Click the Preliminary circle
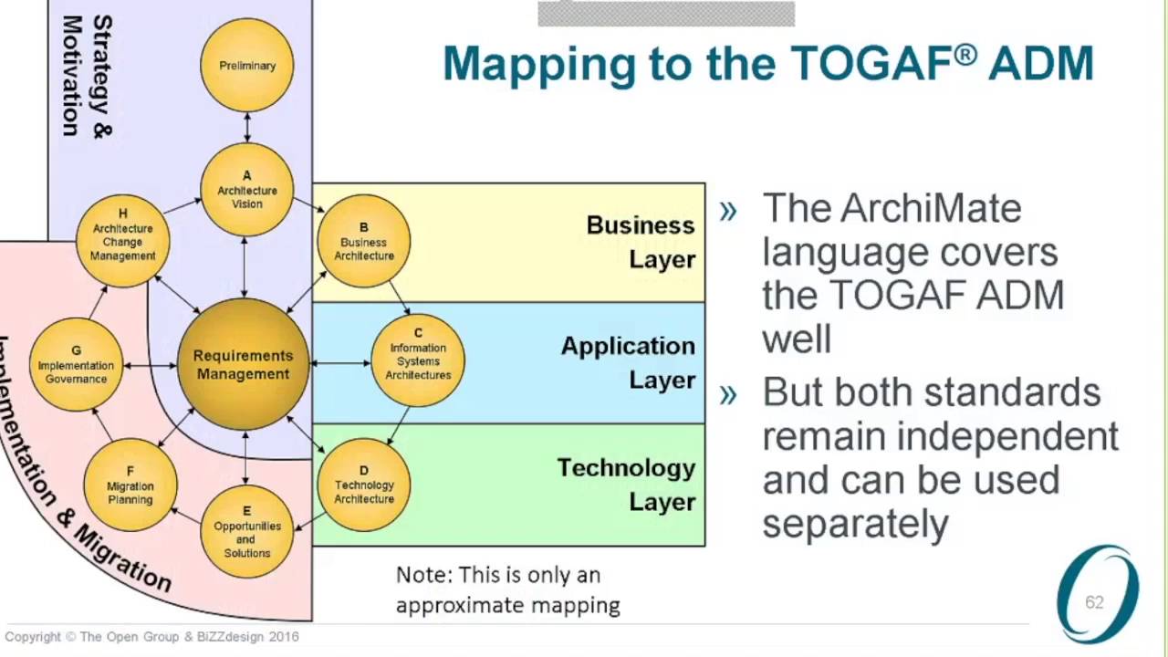pos(246,66)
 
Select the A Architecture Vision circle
pos(246,190)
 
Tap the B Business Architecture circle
pos(363,242)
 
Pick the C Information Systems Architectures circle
pos(418,360)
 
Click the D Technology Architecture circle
pos(363,485)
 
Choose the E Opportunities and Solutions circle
pos(246,532)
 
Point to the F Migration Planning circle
pos(130,485)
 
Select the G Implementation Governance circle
pos(76,365)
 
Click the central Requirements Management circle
pos(243,364)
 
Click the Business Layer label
pos(641,242)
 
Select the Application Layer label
pos(628,362)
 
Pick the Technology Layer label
pos(626,485)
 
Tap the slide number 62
pos(1094,602)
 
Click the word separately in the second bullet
pos(855,524)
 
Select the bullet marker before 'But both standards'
pos(727,393)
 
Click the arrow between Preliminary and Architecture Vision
pos(246,128)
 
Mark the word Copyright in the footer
pos(33,637)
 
